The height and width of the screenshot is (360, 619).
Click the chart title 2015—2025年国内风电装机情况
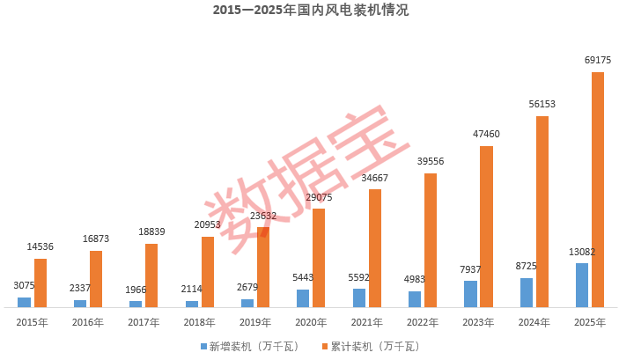(310, 11)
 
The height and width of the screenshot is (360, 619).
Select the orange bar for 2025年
(598, 189)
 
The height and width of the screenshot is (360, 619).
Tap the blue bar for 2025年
(582, 285)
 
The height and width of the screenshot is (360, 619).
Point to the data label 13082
(582, 252)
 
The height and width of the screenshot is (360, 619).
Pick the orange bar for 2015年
(41, 283)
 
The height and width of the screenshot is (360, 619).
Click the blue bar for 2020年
(303, 298)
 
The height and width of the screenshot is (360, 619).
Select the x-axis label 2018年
(200, 323)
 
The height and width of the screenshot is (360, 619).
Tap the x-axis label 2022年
(424, 323)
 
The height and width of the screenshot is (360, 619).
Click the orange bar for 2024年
(542, 211)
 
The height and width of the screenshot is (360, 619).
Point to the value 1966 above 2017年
(135, 290)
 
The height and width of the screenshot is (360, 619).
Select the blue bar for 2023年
(470, 294)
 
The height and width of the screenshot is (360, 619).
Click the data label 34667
(374, 178)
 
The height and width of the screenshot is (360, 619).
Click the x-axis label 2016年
(88, 323)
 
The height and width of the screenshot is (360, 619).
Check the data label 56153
(542, 104)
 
